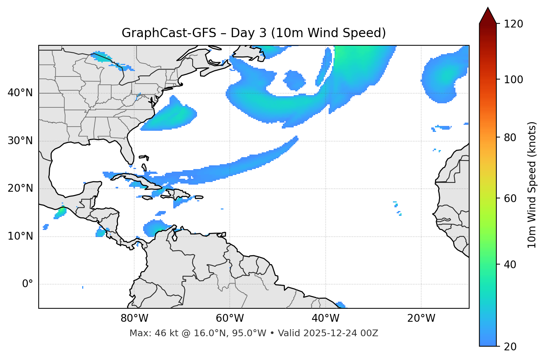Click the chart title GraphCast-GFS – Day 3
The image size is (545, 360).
point(254,33)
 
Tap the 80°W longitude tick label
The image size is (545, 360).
point(134,318)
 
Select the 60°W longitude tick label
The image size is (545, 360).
point(230,318)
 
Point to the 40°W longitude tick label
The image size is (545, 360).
point(325,318)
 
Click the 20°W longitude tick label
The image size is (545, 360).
point(421,318)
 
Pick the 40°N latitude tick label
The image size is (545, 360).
point(20,93)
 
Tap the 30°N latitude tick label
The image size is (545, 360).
point(20,141)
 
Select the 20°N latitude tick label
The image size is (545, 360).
point(20,188)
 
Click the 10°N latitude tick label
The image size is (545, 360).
point(20,236)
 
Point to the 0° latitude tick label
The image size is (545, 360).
point(27,284)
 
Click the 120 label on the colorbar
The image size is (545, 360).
point(514,24)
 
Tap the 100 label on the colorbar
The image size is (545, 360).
point(514,80)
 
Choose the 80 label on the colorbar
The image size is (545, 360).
point(511,137)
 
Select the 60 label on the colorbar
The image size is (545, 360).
point(511,198)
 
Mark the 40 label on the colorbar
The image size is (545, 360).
point(511,265)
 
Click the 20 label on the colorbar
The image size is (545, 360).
point(511,347)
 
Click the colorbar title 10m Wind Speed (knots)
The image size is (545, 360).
point(532,185)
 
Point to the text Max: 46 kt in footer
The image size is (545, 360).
point(146,333)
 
